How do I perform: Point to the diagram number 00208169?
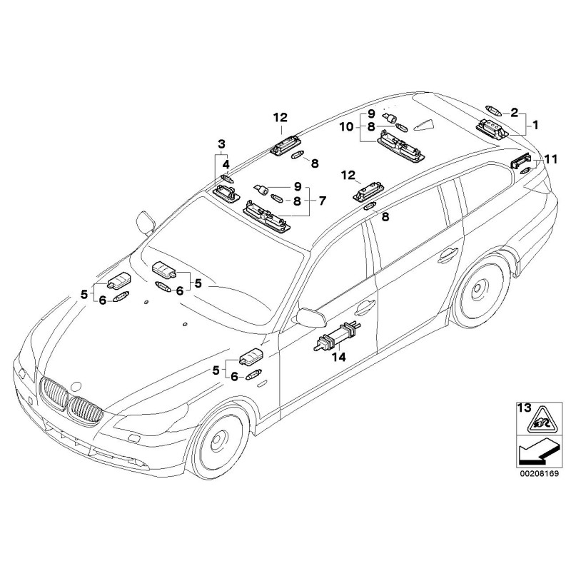click(535, 472)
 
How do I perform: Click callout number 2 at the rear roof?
click(514, 111)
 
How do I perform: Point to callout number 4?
click(226, 164)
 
